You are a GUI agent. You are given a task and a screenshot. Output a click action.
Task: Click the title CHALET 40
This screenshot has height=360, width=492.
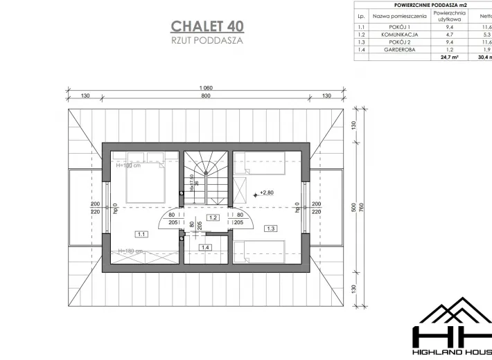coord(207,26)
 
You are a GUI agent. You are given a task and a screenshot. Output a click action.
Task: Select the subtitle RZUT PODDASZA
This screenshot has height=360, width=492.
coord(207,40)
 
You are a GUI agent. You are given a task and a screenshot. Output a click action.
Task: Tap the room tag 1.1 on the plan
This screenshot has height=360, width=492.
coord(141,233)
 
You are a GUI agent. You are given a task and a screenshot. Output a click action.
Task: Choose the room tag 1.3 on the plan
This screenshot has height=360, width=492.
coord(270,228)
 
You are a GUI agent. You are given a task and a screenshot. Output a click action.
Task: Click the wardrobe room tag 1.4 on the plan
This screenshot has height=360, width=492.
coord(205,247)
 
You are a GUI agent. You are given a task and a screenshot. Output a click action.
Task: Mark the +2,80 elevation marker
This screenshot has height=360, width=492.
coord(267,192)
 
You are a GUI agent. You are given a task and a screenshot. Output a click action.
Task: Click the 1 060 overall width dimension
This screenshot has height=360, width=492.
coord(205,88)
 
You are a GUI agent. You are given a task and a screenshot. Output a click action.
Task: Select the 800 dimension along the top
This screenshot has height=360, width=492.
coord(205,96)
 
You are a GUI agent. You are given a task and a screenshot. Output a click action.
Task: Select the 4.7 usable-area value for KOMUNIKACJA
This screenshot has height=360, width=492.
coord(449,34)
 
